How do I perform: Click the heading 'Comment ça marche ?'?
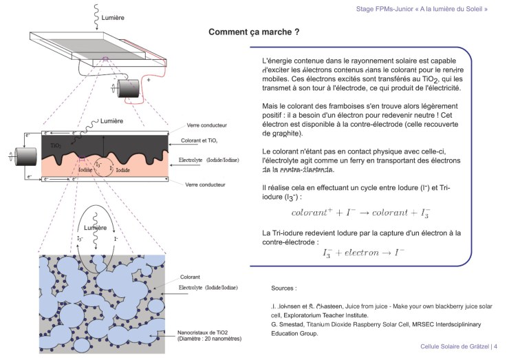[253, 32]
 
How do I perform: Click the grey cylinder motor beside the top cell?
[128, 89]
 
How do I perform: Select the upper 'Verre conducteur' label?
[207, 126]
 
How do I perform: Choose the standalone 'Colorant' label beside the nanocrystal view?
[190, 277]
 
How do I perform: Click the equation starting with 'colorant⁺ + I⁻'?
[361, 213]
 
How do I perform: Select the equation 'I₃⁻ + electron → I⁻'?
[363, 253]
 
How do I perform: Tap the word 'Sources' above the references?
[283, 288]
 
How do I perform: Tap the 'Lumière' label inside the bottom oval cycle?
[95, 226]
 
